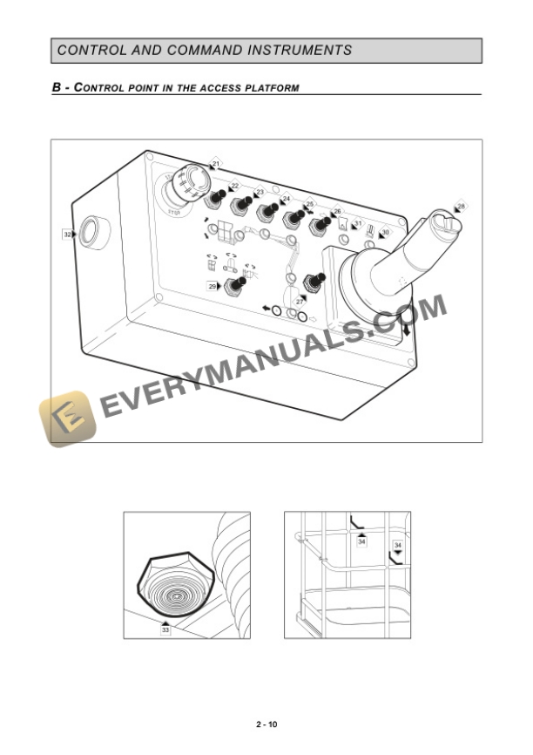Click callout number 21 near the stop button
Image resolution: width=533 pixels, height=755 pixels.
click(216, 163)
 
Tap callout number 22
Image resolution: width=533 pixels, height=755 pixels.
click(234, 186)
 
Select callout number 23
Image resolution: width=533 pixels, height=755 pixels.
click(259, 192)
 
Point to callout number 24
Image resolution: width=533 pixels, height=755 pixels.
click(286, 199)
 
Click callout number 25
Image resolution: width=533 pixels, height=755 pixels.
click(310, 204)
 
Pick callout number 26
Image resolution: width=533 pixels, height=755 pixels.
click(337, 211)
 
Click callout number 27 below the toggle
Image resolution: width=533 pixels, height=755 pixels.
click(300, 300)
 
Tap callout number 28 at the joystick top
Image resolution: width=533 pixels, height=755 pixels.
click(461, 206)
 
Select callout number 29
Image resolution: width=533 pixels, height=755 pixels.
click(212, 286)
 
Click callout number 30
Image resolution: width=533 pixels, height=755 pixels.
click(385, 233)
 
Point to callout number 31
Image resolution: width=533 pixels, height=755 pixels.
click(357, 224)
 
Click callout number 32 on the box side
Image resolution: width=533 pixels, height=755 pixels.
click(67, 234)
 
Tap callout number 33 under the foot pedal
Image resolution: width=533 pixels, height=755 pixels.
click(165, 629)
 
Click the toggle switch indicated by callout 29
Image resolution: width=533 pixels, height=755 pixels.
click(233, 285)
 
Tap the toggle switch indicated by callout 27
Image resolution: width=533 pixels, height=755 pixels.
click(311, 282)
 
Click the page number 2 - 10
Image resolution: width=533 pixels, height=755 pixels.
click(266, 724)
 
